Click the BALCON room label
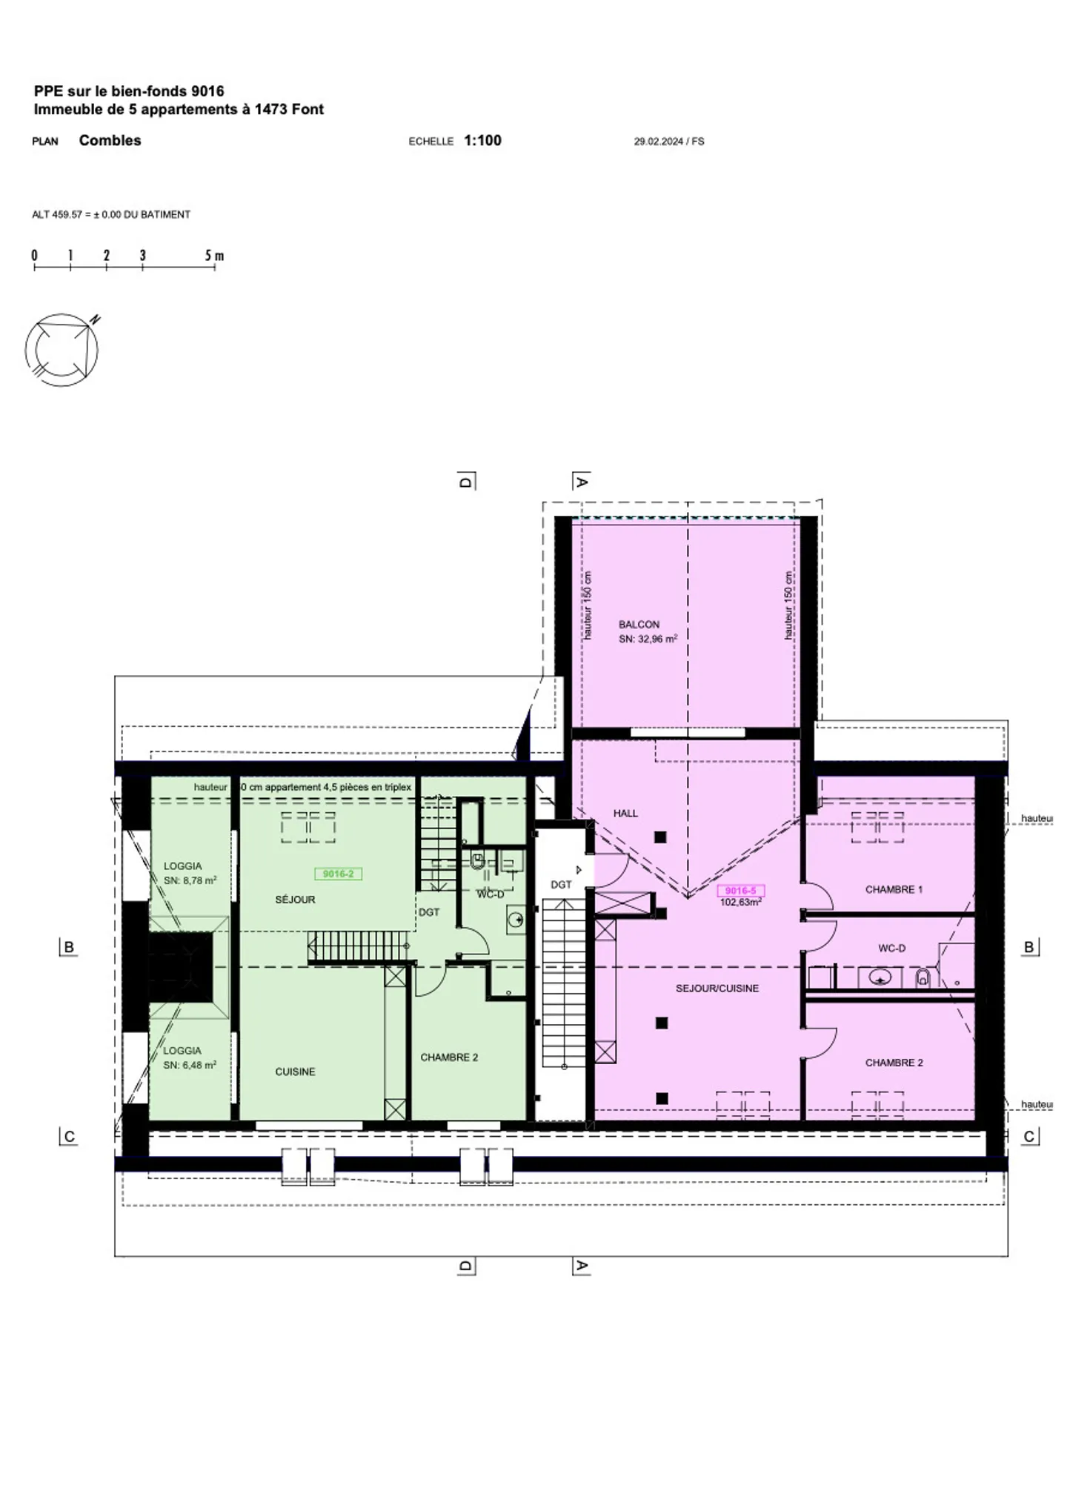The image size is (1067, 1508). (x=639, y=625)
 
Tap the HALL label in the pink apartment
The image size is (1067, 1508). (x=625, y=813)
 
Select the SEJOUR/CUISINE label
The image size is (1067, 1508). (x=717, y=988)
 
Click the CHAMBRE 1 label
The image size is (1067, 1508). (x=894, y=889)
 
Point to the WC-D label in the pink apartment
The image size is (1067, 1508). (x=891, y=948)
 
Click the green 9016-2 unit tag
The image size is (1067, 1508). (x=338, y=874)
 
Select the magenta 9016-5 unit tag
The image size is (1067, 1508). (x=740, y=891)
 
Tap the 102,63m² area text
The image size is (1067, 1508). (x=740, y=903)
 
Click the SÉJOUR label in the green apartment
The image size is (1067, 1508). (x=295, y=900)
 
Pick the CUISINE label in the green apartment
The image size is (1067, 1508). (x=295, y=1072)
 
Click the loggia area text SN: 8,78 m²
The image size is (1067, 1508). (x=190, y=880)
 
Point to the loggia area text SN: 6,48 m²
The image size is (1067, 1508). (x=190, y=1065)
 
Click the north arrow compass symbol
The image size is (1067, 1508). (x=62, y=349)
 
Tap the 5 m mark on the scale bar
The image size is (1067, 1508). (x=214, y=256)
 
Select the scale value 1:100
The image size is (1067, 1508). (x=482, y=140)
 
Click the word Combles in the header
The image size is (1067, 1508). (x=110, y=140)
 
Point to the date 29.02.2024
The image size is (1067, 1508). (x=658, y=141)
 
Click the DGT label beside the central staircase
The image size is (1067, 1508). (x=561, y=885)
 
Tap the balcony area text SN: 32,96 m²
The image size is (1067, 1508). (x=648, y=639)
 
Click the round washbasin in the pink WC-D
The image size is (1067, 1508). (x=880, y=977)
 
